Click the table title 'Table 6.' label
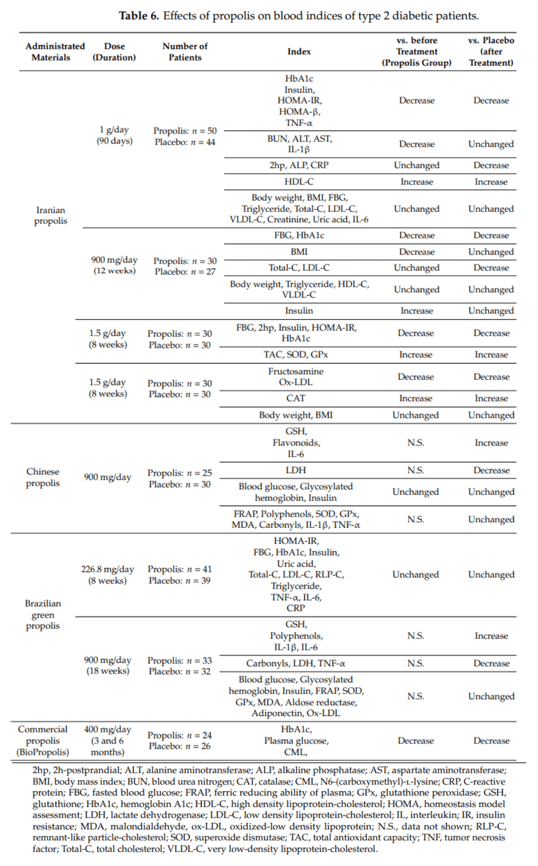(139, 16)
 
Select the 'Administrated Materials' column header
(55, 52)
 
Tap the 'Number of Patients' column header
(185, 52)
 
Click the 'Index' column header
(299, 52)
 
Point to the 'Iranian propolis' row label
(50, 215)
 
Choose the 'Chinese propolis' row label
(43, 477)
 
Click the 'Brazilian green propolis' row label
(43, 614)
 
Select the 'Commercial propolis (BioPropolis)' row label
(43, 740)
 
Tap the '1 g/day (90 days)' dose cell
(115, 135)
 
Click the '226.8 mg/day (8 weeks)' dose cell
(107, 575)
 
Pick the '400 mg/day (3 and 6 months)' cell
(107, 740)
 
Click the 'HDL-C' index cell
(299, 182)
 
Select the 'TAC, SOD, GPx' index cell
(296, 355)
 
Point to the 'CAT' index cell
(296, 398)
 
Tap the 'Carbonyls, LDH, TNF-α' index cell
(296, 663)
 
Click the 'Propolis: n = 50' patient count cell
(185, 130)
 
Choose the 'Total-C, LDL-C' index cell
(299, 267)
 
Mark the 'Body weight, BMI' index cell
(296, 415)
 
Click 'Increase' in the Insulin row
(417, 310)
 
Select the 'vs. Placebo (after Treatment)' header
(491, 52)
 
